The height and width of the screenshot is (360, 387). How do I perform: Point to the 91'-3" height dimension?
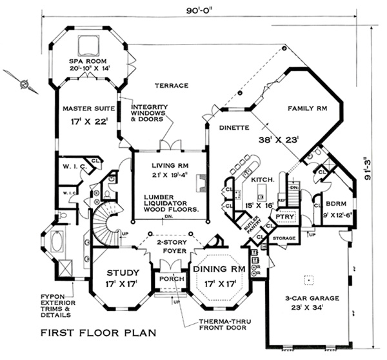coord(373,166)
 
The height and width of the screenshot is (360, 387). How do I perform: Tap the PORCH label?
coord(169,279)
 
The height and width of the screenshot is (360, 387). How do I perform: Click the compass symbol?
coord(24,82)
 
